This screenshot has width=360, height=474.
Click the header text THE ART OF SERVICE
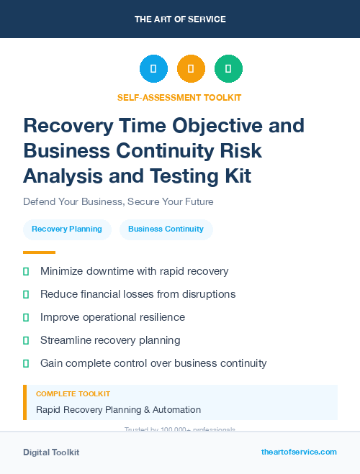coord(180,19)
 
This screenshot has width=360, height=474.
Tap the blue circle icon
coord(153,69)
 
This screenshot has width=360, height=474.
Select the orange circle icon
coord(191,69)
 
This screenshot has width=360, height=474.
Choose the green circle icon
coord(228,69)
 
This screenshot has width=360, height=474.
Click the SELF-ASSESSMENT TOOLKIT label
coord(179,98)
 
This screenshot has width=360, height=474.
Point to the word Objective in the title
coord(222,126)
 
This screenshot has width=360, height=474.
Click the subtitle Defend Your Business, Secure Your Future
coord(118,202)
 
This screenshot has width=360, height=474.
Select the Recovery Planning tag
coord(67,229)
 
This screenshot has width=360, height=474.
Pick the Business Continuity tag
coord(166,229)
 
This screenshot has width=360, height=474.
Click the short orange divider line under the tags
coord(39,252)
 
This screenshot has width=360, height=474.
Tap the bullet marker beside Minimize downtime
coord(26,271)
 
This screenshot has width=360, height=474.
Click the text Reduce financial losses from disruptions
coord(138,294)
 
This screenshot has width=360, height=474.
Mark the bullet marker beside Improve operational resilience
coord(26,317)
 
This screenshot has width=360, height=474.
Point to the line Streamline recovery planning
coord(110,340)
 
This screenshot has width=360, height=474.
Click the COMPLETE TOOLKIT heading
coord(73,394)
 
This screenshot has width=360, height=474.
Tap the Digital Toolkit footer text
coord(51,452)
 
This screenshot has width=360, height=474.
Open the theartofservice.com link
coord(299,452)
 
